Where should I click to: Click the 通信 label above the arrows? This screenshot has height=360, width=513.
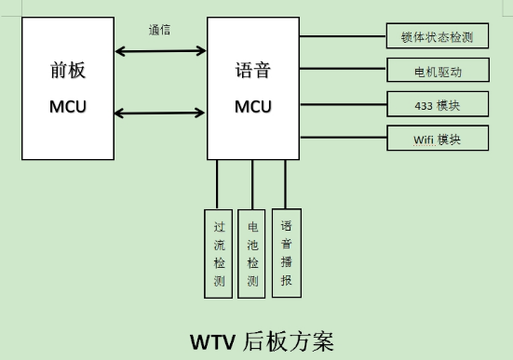160,29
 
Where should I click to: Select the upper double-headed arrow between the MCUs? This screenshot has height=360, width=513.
159,50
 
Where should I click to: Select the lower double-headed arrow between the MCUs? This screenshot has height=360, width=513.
159,113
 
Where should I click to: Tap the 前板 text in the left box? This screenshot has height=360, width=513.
67,72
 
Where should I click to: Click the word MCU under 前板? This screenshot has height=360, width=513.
67,106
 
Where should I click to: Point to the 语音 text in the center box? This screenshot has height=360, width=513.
253,72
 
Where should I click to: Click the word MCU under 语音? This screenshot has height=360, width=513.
253,106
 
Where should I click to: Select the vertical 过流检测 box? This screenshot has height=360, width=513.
218,253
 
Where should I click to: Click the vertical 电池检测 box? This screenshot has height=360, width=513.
251,253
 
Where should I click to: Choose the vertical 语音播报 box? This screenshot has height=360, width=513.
286,253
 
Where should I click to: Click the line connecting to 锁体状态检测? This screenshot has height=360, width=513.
343,37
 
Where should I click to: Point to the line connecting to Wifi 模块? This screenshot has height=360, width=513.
343,139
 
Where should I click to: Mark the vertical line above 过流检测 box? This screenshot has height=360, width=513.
217,183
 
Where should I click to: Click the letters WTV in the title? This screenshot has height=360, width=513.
214,340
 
